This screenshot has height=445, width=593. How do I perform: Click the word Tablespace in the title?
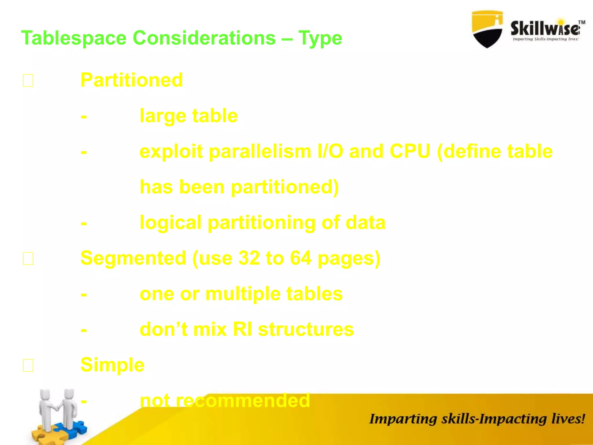tap(74, 38)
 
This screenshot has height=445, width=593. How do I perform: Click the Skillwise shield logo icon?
tap(487, 29)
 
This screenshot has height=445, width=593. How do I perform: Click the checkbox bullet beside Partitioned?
tap(28, 81)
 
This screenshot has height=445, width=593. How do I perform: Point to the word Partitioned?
tap(131, 80)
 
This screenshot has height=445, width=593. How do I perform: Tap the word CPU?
tap(410, 152)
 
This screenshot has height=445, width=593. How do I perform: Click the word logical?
tap(170, 223)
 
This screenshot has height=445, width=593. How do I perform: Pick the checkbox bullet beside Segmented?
tap(28, 258)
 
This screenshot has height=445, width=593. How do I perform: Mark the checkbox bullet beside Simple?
tap(28, 365)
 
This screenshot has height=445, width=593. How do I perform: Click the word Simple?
tap(112, 365)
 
